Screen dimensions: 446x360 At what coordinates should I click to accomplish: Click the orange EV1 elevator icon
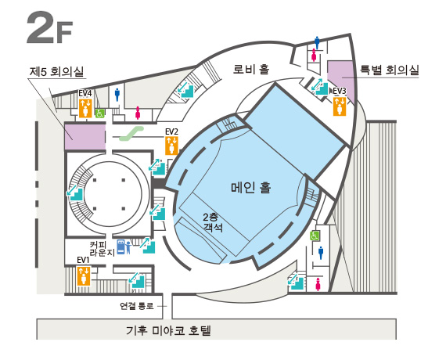(x=84, y=275)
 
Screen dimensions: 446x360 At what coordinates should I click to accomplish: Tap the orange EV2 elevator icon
(x=172, y=145)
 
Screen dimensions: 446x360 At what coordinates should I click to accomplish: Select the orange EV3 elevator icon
(x=340, y=106)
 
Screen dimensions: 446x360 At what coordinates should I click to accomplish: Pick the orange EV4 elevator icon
(x=85, y=107)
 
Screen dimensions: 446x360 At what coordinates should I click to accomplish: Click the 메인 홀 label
(x=251, y=188)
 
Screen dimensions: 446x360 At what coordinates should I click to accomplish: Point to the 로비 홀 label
(x=251, y=69)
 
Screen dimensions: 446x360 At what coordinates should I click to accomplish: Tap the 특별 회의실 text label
(x=390, y=70)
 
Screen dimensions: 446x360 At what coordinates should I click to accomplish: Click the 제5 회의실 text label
(x=56, y=72)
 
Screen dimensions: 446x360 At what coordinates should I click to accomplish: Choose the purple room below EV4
(x=85, y=136)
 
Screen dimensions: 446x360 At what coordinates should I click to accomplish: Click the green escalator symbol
(x=131, y=134)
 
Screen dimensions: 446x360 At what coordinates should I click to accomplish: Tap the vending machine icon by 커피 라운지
(x=120, y=247)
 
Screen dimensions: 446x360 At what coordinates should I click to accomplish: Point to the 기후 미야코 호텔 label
(x=168, y=331)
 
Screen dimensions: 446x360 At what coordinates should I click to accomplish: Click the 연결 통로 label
(x=136, y=306)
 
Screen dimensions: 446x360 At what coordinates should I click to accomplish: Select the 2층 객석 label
(x=212, y=222)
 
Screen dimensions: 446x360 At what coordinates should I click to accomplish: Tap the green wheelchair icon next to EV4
(x=99, y=113)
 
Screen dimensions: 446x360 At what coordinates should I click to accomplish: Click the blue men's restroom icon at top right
(x=317, y=43)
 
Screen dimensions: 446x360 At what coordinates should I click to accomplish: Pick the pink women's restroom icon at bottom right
(x=318, y=285)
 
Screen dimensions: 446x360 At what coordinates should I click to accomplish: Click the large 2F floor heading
(x=49, y=27)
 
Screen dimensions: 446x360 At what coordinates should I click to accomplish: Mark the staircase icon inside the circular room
(x=74, y=193)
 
